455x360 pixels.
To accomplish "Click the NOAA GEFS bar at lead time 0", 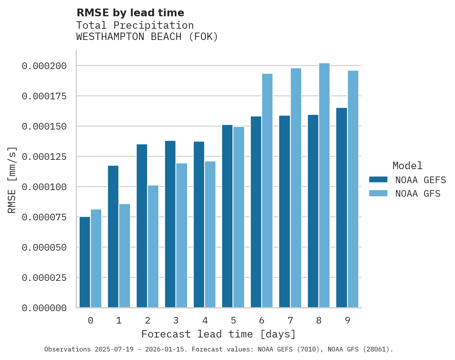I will pyautogui.click(x=85, y=262).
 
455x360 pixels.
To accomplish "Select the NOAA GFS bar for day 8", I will pyautogui.click(x=324, y=185).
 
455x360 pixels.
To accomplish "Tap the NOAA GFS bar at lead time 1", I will pyautogui.click(x=125, y=256).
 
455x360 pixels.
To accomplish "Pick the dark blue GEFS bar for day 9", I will pyautogui.click(x=342, y=208).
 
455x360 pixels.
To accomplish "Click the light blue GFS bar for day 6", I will pyautogui.click(x=267, y=190).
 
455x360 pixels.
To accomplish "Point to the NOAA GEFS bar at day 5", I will pyautogui.click(x=227, y=216).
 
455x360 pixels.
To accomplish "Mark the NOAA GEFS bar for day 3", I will pyautogui.click(x=170, y=224).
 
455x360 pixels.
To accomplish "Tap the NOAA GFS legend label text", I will pyautogui.click(x=418, y=193).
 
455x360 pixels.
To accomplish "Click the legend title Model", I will pyautogui.click(x=407, y=166).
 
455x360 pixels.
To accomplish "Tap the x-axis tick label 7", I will pyautogui.click(x=290, y=320).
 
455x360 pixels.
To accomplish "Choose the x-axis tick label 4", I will pyautogui.click(x=205, y=320).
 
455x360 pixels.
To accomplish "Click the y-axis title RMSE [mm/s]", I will pyautogui.click(x=12, y=180).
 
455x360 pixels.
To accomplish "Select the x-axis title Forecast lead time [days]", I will pyautogui.click(x=219, y=334).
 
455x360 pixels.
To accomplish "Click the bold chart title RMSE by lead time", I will pyautogui.click(x=130, y=13).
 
